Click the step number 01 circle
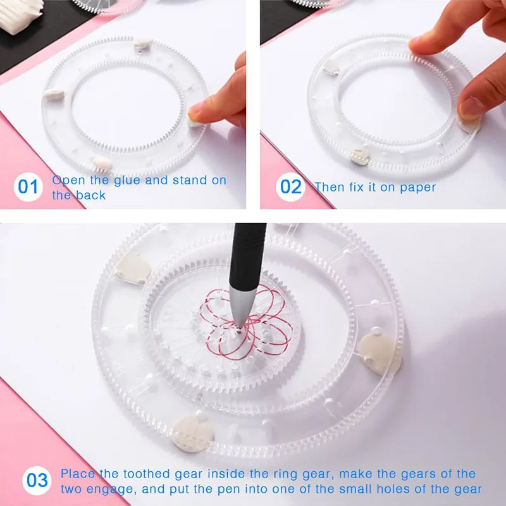click(28, 188)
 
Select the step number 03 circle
click(37, 480)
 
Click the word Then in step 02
click(329, 187)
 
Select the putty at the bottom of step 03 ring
click(192, 433)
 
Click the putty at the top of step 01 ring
click(143, 44)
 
